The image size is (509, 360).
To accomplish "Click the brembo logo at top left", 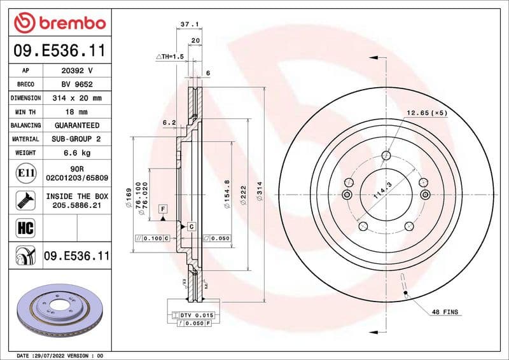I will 59,23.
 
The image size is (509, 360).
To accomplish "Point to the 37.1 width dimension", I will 187,24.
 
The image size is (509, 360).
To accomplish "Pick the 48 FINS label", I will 444,312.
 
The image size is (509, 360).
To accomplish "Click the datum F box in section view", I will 164,209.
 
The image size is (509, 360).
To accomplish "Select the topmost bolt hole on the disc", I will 386,155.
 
